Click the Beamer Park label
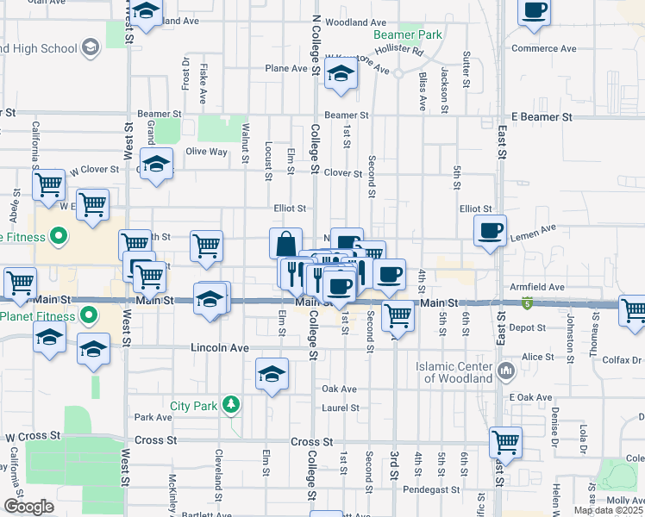point(408,35)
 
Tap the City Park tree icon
point(230,405)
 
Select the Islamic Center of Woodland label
point(454,372)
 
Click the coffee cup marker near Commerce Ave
point(535,11)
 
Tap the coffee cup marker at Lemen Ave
point(491,230)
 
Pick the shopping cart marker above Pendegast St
point(505,443)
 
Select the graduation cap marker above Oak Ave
point(272,374)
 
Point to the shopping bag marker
point(285,245)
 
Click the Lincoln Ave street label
point(219,348)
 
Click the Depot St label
point(529,328)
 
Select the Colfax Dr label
point(625,360)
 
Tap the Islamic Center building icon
point(506,372)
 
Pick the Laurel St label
point(340,408)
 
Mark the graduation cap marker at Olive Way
point(156,164)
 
